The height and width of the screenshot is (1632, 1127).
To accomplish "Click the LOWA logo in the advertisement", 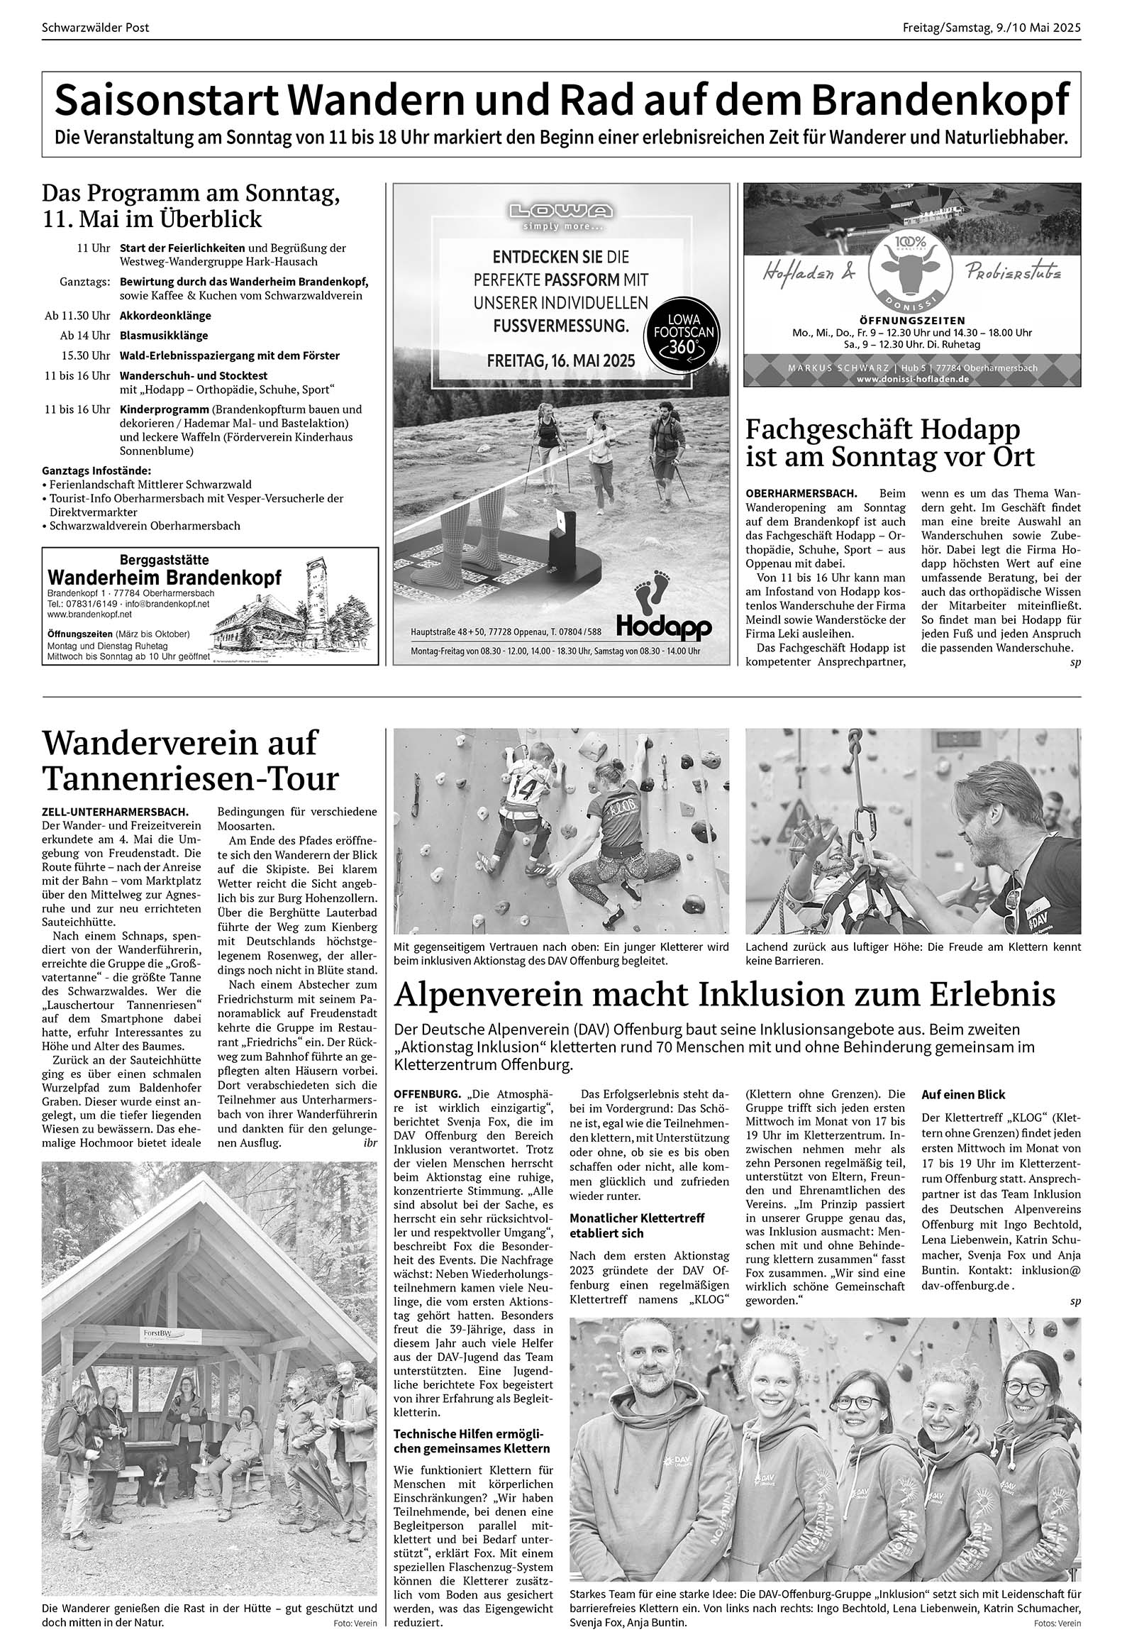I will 560,211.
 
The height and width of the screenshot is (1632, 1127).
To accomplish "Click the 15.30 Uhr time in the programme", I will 86,355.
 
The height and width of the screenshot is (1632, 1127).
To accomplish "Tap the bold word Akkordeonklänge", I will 165,316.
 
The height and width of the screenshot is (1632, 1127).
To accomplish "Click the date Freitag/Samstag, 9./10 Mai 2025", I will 992,28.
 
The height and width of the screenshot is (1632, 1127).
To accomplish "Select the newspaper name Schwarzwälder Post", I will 96,28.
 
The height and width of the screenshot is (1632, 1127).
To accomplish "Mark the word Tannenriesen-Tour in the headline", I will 191,778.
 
